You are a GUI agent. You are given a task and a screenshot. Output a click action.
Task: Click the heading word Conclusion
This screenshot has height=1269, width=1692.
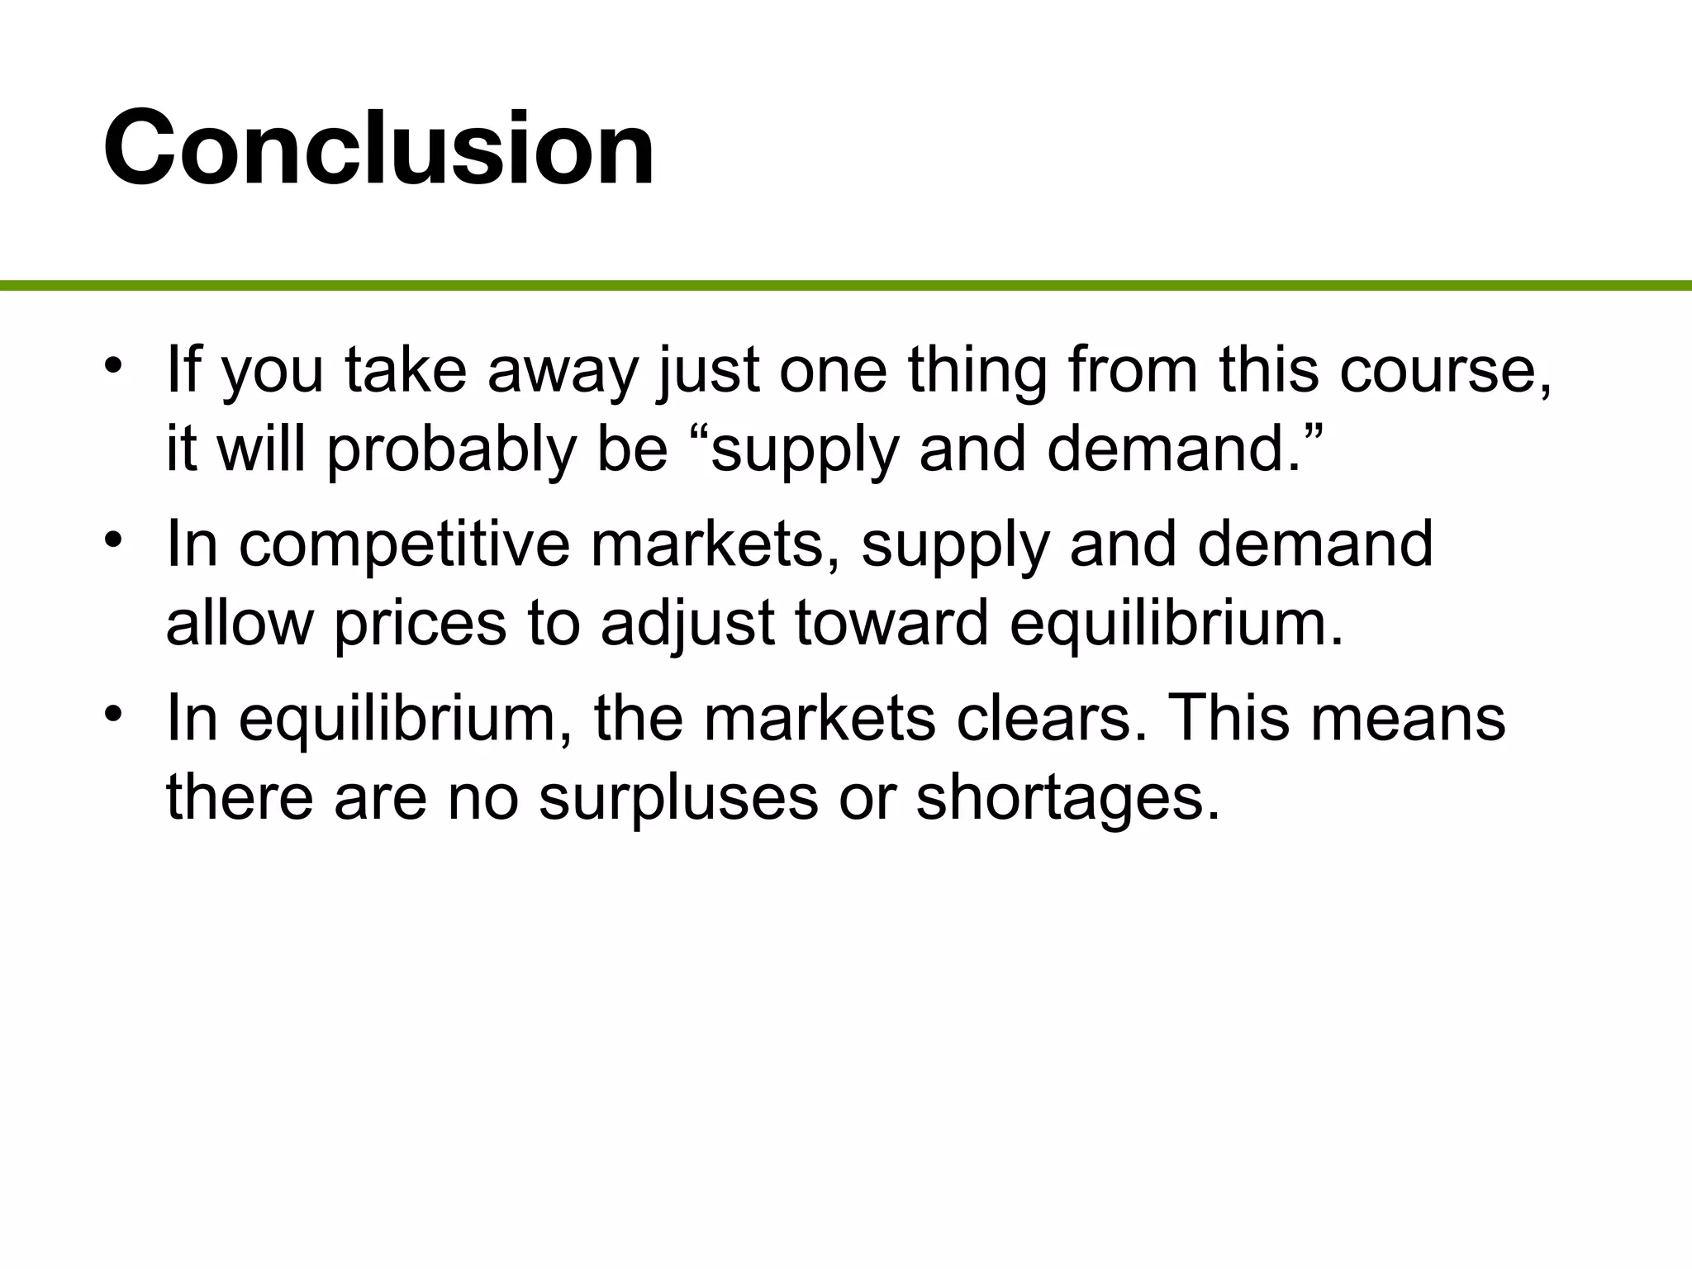click(379, 149)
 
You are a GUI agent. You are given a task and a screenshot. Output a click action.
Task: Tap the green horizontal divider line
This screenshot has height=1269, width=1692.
click(846, 286)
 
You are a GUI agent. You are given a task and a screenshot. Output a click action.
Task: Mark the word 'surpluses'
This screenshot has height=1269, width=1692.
click(678, 799)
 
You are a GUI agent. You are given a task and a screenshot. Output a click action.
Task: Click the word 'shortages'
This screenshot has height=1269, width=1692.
click(1067, 799)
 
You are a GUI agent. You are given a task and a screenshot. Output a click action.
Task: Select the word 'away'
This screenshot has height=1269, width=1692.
click(563, 371)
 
